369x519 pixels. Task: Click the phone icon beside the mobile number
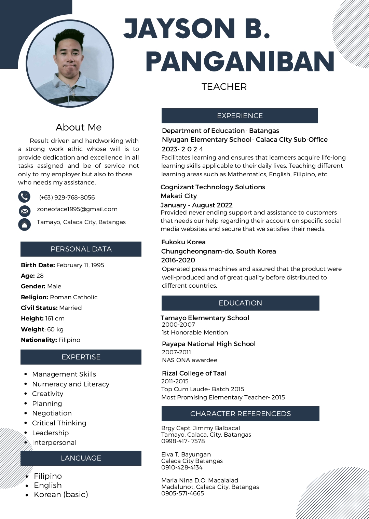tap(24, 197)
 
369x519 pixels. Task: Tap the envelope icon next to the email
tap(25, 211)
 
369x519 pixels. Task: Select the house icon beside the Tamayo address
tap(24, 224)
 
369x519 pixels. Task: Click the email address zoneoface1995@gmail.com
tap(77, 209)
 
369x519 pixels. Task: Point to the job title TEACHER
tap(224, 87)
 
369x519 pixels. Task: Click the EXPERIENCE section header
tap(240, 116)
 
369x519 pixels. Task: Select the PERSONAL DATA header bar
tap(81, 249)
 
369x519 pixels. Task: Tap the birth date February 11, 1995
tap(80, 265)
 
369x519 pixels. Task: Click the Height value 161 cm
tap(55, 318)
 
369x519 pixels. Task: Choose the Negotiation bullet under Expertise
tap(52, 413)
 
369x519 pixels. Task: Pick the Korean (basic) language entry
tap(61, 494)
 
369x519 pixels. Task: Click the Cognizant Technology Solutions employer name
tap(213, 187)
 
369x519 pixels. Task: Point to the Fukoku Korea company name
tap(183, 242)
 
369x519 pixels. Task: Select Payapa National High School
tap(209, 344)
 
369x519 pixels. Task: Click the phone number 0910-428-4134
tap(182, 467)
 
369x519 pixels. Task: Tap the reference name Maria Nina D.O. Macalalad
tap(200, 480)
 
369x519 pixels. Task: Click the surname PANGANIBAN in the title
tap(240, 62)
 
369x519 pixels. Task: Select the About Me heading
tap(79, 127)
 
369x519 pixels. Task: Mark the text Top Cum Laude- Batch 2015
tap(203, 389)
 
